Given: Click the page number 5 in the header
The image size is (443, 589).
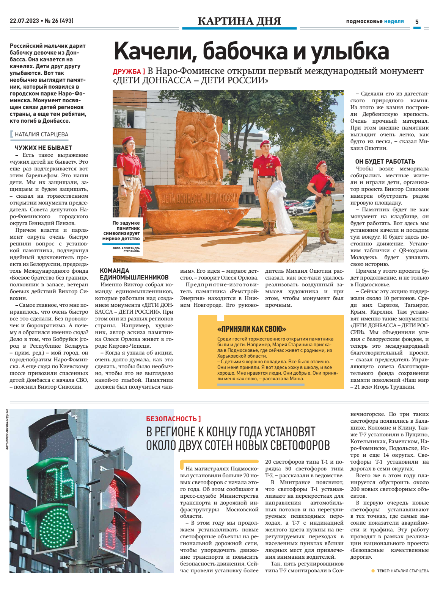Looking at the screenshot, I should coord(417,22).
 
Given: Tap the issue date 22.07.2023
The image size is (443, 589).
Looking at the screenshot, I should coord(24,21).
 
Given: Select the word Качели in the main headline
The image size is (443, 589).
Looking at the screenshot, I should coord(155,51).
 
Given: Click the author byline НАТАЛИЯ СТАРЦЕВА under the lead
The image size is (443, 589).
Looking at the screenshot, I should coord(41,134).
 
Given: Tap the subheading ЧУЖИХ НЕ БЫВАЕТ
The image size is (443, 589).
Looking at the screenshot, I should coord(43,148).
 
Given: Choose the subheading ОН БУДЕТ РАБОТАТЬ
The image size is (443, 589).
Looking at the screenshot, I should coord(385,161).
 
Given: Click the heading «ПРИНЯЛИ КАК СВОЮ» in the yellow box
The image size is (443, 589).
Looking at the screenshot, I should coord(252,329).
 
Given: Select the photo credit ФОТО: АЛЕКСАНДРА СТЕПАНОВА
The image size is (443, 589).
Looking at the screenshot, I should coord(126,250).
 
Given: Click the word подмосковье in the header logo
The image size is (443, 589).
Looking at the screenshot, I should coord(364,22).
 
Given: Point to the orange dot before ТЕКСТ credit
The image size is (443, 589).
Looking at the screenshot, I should coord(373,571).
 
